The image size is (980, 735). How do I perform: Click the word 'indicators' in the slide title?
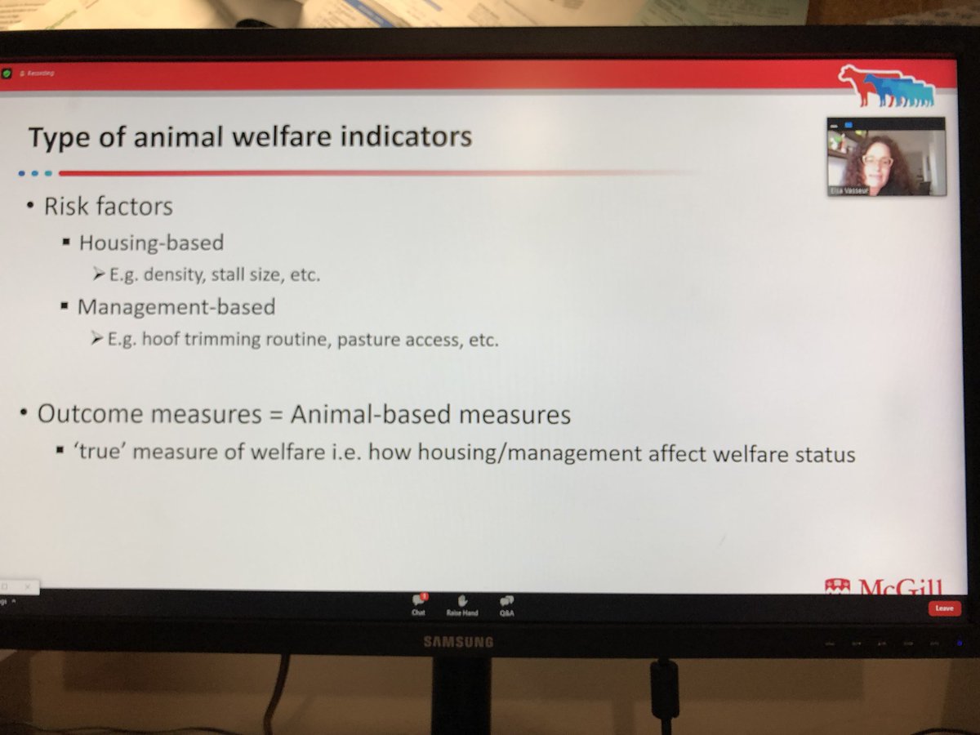coord(406,136)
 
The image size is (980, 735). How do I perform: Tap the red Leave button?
coord(944,608)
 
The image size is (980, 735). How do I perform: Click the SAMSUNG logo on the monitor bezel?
coord(458,642)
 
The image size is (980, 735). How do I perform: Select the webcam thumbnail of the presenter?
coord(886,156)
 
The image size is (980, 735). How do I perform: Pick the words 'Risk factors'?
coord(109,207)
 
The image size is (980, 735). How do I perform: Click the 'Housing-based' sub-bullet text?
coord(150,243)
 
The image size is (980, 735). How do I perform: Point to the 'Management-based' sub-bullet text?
coord(176,308)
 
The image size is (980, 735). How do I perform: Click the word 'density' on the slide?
coord(173,275)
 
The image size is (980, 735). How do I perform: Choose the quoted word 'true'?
coord(100,452)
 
